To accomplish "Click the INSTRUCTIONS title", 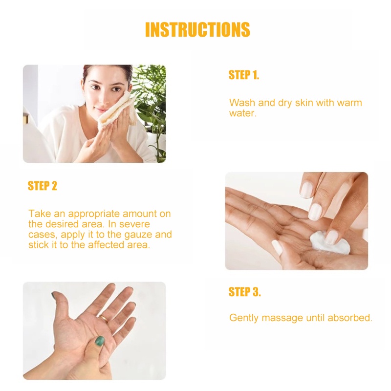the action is pyautogui.click(x=197, y=30).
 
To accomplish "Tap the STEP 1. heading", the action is pyautogui.click(x=244, y=75).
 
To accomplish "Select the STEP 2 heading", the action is pyautogui.click(x=43, y=186).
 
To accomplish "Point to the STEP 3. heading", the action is pyautogui.click(x=245, y=292).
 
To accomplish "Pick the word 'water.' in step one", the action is pyautogui.click(x=242, y=113).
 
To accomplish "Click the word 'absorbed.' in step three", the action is pyautogui.click(x=350, y=318).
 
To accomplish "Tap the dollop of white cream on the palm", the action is pyautogui.click(x=323, y=241).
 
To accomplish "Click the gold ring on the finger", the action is pyautogui.click(x=104, y=318).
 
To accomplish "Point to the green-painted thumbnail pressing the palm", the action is pyautogui.click(x=99, y=342).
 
